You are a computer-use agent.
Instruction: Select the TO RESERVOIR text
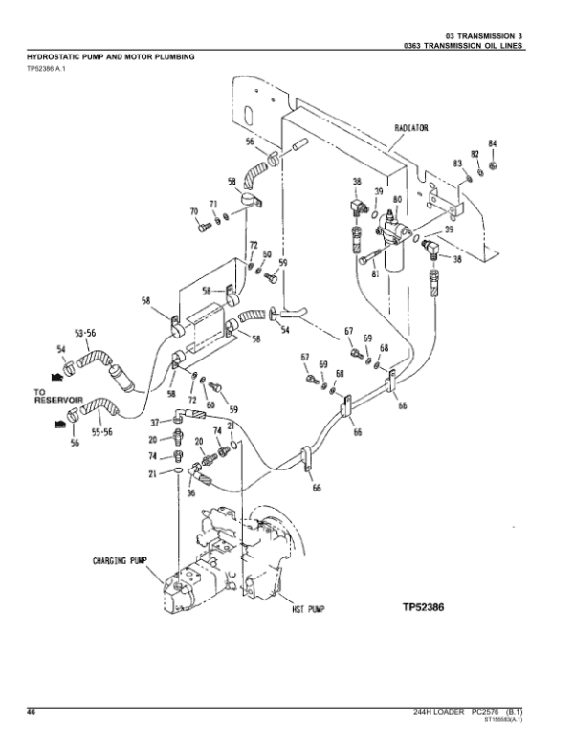coord(58,394)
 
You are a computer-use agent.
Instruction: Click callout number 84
coord(493,144)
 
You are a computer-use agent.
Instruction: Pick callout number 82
coord(475,154)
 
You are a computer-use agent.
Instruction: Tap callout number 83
coord(458,164)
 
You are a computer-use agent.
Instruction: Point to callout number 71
coord(214,204)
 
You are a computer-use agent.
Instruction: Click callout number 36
coord(190,493)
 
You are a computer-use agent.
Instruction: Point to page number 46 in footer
coord(31,712)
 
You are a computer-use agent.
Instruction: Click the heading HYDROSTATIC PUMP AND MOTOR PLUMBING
coord(110,57)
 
